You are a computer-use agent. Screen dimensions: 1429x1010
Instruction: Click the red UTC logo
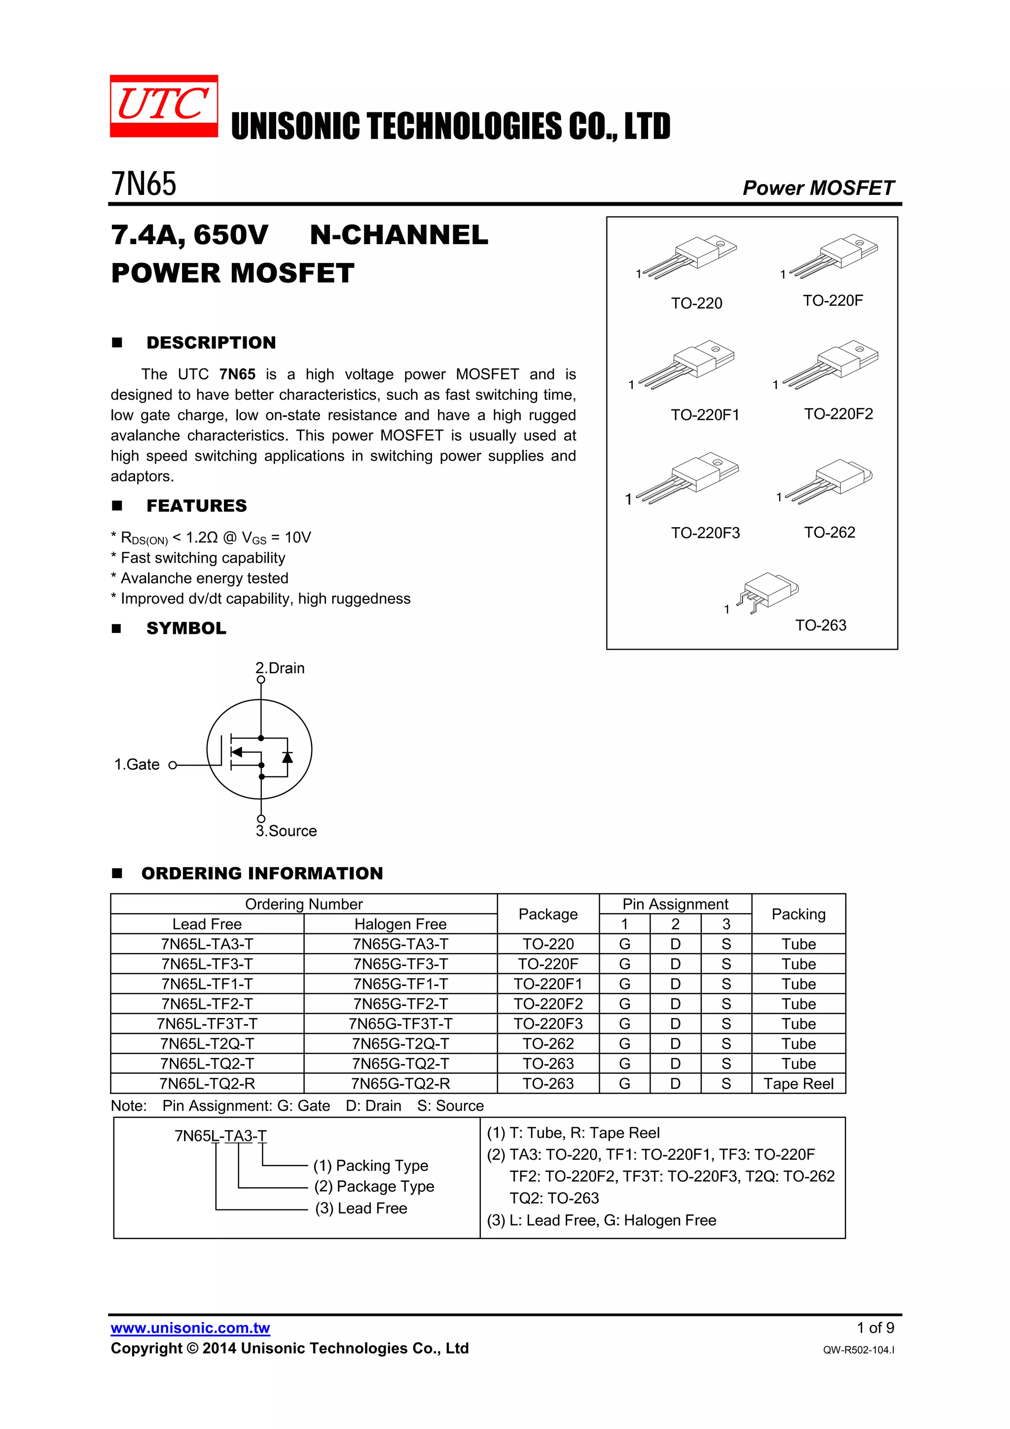[x=164, y=106]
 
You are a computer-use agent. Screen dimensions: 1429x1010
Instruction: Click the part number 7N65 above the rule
[x=144, y=184]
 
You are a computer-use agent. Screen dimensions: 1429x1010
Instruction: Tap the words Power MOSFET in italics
[x=818, y=188]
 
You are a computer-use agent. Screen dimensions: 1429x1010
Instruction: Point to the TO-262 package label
[x=829, y=532]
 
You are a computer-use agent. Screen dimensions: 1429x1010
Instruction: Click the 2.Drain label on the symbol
[x=280, y=668]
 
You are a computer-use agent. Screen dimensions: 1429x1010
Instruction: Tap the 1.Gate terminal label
[x=137, y=764]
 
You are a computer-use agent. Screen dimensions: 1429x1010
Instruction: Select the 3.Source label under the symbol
[x=286, y=831]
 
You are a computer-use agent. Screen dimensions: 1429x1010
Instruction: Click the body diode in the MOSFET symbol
[x=287, y=757]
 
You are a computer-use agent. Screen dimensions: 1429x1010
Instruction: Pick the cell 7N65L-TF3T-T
[x=207, y=1024]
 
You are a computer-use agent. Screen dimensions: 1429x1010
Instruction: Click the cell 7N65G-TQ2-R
[x=400, y=1084]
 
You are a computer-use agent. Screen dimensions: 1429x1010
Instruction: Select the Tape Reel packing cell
[x=798, y=1084]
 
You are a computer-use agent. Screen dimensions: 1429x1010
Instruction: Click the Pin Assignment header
[x=675, y=904]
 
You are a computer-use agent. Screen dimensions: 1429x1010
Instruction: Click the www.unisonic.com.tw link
[x=190, y=1328]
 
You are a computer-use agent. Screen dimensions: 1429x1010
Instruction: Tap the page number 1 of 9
[x=875, y=1327]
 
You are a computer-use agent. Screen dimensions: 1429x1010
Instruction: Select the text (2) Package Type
[x=374, y=1186]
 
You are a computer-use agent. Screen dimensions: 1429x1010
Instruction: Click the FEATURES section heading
[x=197, y=506]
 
